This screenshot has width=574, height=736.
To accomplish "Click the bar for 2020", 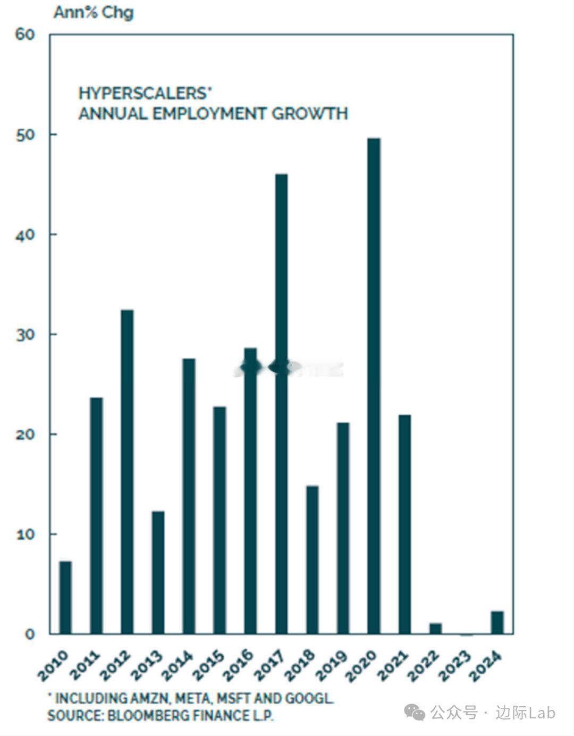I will [374, 386].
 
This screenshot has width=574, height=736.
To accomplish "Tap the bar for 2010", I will [65, 597].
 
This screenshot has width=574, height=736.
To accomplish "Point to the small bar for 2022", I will [435, 628].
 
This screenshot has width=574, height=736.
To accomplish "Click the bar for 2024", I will [497, 622].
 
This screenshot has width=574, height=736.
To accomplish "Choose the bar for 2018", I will [312, 559].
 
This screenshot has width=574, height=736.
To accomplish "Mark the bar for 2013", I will [158, 572].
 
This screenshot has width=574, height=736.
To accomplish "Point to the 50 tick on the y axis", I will [24, 135].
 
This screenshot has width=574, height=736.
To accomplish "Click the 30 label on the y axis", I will [24, 334].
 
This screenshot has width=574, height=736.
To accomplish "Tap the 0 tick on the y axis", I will [29, 634].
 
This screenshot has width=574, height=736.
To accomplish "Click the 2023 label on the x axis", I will [455, 665].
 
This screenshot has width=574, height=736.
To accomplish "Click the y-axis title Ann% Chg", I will [93, 12].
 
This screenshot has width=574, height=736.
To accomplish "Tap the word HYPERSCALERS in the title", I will [142, 94].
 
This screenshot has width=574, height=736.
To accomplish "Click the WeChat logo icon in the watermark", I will [414, 712].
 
